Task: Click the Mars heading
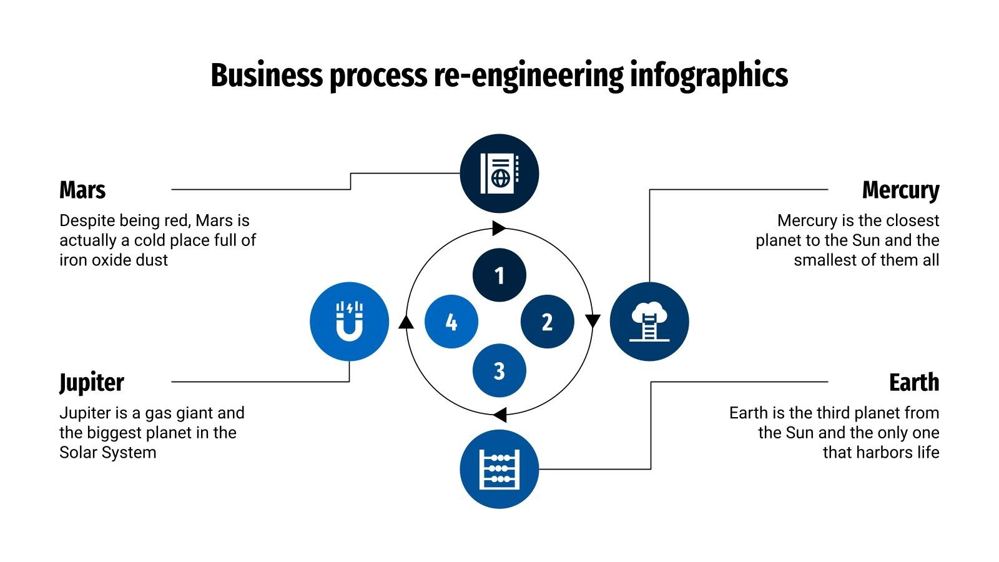[82, 190]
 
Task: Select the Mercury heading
[900, 190]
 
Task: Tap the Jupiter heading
[92, 382]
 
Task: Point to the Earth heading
[913, 382]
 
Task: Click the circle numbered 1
[499, 275]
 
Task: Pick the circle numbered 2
[547, 322]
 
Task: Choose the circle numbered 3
[499, 370]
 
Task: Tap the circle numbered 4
[451, 322]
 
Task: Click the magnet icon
[350, 322]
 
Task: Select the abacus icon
[499, 469]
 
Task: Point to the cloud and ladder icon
[649, 322]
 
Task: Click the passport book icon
[499, 174]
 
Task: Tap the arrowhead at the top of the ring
[498, 228]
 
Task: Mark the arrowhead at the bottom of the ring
[499, 414]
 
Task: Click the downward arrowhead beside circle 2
[593, 321]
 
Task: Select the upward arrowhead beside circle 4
[406, 322]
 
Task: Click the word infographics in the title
[709, 76]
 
